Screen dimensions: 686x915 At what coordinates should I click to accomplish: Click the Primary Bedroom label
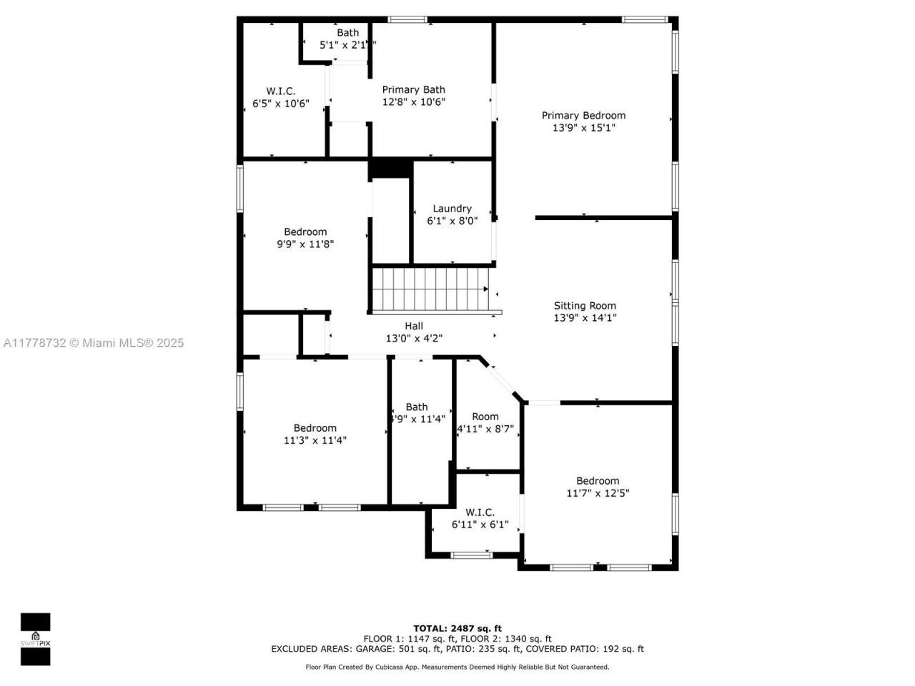click(x=583, y=115)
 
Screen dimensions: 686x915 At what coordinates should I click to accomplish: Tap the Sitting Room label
click(x=585, y=306)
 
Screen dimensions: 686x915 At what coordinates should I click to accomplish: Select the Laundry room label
click(x=452, y=209)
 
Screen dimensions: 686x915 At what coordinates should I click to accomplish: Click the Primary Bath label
click(x=413, y=89)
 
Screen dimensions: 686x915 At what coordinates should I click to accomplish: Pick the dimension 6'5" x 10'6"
click(x=281, y=103)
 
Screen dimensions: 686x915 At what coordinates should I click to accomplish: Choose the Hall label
click(x=414, y=326)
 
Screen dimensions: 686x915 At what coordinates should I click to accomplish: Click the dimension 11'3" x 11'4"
click(x=315, y=440)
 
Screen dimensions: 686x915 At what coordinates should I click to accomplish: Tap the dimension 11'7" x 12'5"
click(x=598, y=493)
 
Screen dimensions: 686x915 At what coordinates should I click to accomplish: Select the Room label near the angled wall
click(x=485, y=417)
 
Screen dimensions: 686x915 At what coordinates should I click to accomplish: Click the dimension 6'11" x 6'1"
click(x=480, y=525)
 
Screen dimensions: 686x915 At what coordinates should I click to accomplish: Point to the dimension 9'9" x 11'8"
click(x=305, y=244)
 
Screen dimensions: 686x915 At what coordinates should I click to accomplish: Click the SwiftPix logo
click(x=35, y=639)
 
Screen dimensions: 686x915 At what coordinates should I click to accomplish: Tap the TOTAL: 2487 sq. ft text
click(x=457, y=629)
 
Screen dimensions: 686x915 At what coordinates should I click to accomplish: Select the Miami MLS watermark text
click(x=94, y=343)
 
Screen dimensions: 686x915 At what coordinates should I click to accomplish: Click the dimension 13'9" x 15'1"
click(x=583, y=128)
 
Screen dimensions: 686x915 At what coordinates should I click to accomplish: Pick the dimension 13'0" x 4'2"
click(x=414, y=339)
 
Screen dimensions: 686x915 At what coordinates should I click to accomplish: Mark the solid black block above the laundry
click(x=390, y=168)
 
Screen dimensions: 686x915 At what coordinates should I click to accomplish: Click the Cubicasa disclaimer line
click(x=457, y=667)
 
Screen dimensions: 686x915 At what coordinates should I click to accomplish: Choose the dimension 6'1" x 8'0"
click(x=452, y=221)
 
